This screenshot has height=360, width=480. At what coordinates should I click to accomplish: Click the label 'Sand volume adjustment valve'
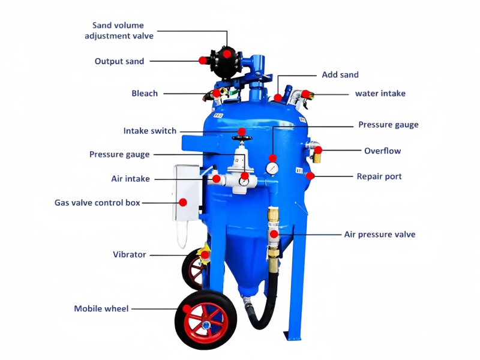pyautogui.click(x=119, y=31)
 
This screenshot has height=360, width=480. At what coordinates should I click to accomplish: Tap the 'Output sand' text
pyautogui.click(x=119, y=61)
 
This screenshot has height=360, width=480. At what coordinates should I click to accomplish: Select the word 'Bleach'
pyautogui.click(x=145, y=94)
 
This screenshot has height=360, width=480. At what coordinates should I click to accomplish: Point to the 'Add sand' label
pyautogui.click(x=340, y=74)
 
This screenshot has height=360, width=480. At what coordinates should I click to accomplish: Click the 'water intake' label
pyautogui.click(x=380, y=94)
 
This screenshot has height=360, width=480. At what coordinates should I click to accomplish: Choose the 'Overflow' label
pyautogui.click(x=382, y=151)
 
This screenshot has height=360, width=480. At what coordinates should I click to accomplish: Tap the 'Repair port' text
pyautogui.click(x=379, y=176)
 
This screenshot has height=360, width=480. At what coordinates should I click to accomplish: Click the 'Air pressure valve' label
pyautogui.click(x=380, y=235)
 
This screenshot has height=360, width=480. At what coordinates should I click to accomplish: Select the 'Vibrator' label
pyautogui.click(x=129, y=254)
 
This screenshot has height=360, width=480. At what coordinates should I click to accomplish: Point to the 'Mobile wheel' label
pyautogui.click(x=101, y=308)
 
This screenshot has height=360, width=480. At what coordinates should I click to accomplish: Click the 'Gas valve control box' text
pyautogui.click(x=97, y=203)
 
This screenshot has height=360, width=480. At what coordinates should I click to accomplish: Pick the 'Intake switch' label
pyautogui.click(x=149, y=131)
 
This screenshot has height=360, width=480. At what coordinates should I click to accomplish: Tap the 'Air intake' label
pyautogui.click(x=130, y=179)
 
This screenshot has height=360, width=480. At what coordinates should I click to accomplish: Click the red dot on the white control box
pyautogui.click(x=183, y=202)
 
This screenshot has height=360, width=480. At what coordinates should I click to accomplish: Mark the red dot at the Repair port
pyautogui.click(x=310, y=176)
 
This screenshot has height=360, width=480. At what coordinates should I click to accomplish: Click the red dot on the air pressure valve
pyautogui.click(x=274, y=235)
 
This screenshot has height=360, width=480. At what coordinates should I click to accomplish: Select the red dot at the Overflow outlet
pyautogui.click(x=319, y=150)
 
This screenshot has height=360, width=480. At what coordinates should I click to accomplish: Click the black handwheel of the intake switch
pyautogui.click(x=242, y=138)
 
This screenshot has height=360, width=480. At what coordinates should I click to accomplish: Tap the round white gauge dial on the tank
pyautogui.click(x=272, y=169)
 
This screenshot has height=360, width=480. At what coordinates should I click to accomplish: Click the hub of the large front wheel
pyautogui.click(x=206, y=324)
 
